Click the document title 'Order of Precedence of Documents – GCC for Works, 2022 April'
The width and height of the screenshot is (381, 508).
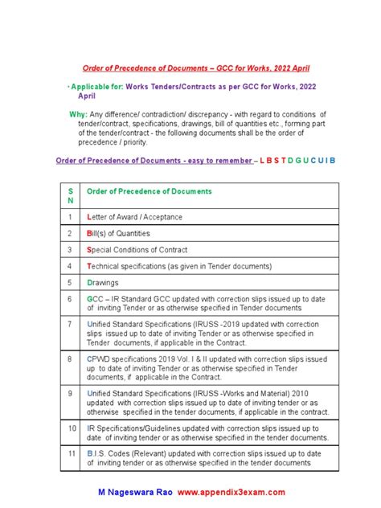click(197, 69)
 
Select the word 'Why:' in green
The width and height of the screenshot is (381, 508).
click(78, 114)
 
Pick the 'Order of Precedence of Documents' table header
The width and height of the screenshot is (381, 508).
click(149, 192)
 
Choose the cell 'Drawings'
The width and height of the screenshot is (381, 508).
click(104, 282)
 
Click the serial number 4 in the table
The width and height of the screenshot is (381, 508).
click(69, 266)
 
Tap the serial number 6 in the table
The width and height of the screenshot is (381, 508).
click(69, 297)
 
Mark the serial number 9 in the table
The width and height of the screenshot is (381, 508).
click(69, 394)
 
